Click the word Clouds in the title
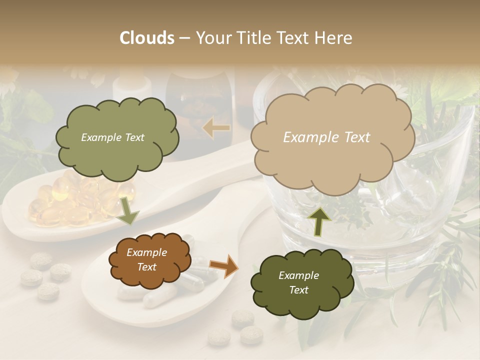click(x=147, y=38)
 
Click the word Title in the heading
click(x=250, y=38)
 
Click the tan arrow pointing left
click(x=216, y=128)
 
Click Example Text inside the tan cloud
click(x=326, y=137)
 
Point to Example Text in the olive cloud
click(x=112, y=137)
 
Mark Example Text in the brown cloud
click(x=146, y=260)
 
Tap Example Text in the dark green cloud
click(x=298, y=282)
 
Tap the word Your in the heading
click(x=214, y=38)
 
